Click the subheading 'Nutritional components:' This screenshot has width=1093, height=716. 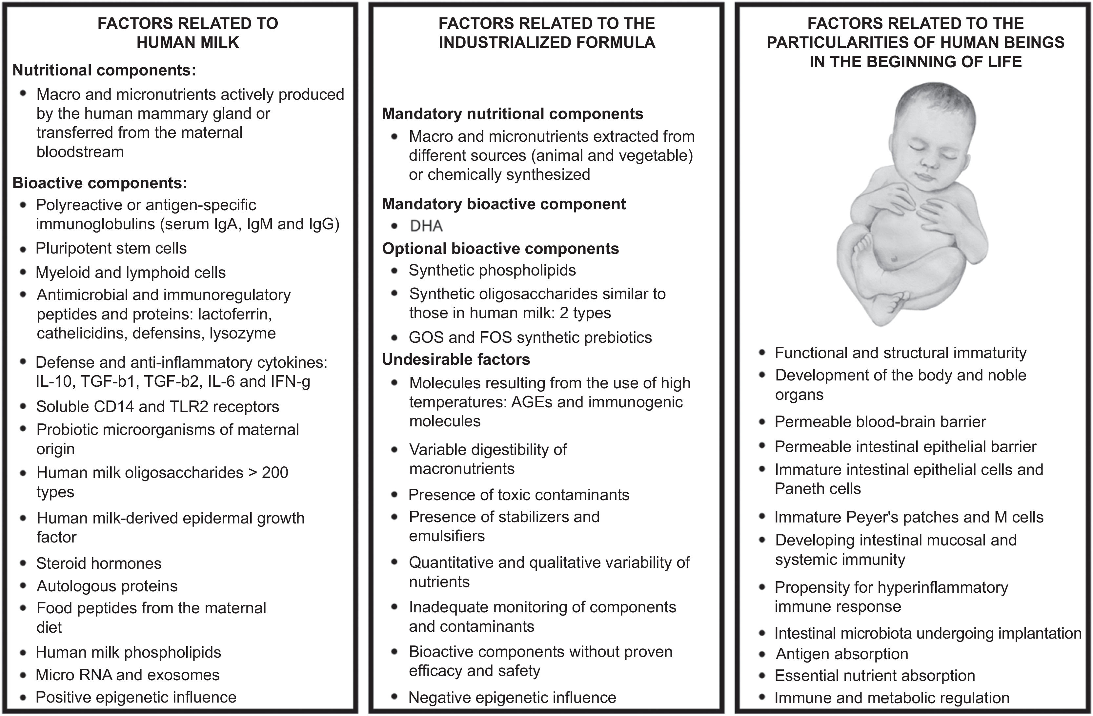[x=104, y=70]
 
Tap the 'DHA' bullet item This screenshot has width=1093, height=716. [x=426, y=226]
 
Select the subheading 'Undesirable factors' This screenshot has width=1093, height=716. [x=455, y=359]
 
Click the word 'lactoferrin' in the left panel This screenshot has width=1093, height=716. [x=234, y=314]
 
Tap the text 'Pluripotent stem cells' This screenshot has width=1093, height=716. [x=111, y=249]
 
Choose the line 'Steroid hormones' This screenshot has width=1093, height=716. [x=99, y=563]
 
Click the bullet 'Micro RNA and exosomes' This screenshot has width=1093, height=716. [x=127, y=675]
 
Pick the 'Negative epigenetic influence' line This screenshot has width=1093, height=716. [x=512, y=698]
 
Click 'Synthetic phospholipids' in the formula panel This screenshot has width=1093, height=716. [x=492, y=271]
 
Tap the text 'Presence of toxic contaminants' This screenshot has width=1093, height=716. [x=518, y=495]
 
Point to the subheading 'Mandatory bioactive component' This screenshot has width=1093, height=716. [x=503, y=204]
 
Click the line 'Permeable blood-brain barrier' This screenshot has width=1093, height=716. [x=880, y=421]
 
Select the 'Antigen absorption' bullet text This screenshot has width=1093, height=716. [x=841, y=654]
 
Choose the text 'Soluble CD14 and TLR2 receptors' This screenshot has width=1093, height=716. [x=157, y=407]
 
